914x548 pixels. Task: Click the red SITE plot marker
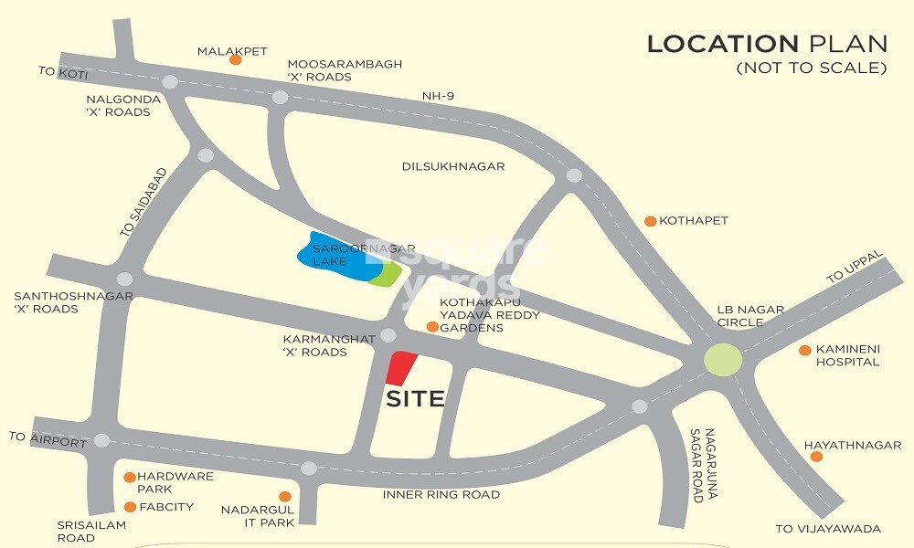pyautogui.click(x=400, y=368)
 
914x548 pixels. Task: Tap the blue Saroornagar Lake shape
pyautogui.click(x=334, y=257)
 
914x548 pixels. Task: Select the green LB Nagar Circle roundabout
pyautogui.click(x=723, y=359)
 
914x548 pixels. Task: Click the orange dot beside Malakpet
pyautogui.click(x=235, y=59)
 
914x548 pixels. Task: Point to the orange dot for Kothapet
pyautogui.click(x=650, y=221)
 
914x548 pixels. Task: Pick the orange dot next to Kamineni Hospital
pyautogui.click(x=805, y=350)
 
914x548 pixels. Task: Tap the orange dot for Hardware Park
pyautogui.click(x=130, y=477)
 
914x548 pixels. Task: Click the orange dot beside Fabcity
pyautogui.click(x=130, y=507)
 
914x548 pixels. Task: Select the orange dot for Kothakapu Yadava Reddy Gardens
pyautogui.click(x=432, y=326)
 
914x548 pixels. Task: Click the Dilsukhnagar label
pyautogui.click(x=453, y=167)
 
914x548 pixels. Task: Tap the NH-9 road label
pyautogui.click(x=438, y=96)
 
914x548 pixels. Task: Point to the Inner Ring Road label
pyautogui.click(x=441, y=495)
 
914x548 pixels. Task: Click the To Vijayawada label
pyautogui.click(x=828, y=529)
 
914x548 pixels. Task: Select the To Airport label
pyautogui.click(x=48, y=439)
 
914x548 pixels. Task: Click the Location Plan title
pyautogui.click(x=767, y=44)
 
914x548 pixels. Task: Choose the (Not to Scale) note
pyautogui.click(x=812, y=68)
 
